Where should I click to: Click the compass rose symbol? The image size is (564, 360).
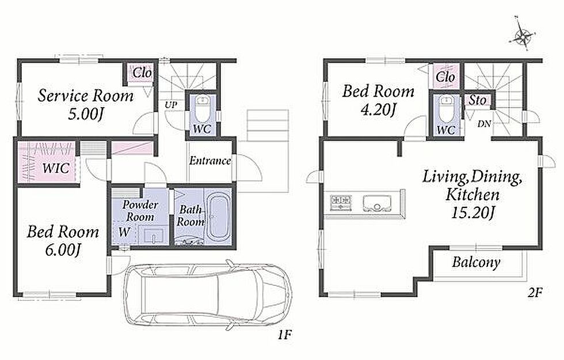tap(523, 36)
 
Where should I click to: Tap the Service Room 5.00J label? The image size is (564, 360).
tap(86, 105)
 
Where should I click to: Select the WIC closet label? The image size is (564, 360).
tap(55, 168)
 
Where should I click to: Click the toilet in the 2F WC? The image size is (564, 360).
tap(446, 109)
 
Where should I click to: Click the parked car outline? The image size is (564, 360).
tap(207, 295)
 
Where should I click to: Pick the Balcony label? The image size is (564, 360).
tap(476, 263)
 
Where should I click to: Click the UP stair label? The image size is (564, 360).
tap(172, 105)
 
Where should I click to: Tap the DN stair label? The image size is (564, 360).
tap(484, 124)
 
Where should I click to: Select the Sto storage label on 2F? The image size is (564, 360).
tap(477, 100)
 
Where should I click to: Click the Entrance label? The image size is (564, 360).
tap(210, 161)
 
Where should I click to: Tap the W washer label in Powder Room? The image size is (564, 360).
tap(124, 232)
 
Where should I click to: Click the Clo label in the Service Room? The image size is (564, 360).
tap(142, 73)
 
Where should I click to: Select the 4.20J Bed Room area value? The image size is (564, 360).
tap(379, 109)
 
